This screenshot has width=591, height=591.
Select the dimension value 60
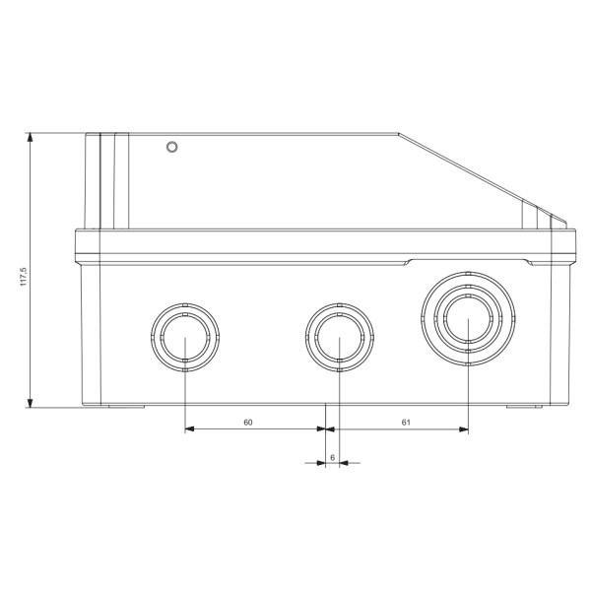(249, 421)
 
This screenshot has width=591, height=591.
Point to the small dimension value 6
(332, 457)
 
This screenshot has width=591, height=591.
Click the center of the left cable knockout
(185, 336)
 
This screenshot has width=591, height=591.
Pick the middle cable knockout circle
(338, 336)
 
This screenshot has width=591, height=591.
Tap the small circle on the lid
(172, 148)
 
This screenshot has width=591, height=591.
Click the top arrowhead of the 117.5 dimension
(33, 139)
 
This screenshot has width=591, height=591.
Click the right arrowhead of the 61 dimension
(462, 429)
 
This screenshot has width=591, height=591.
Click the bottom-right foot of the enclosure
(523, 407)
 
